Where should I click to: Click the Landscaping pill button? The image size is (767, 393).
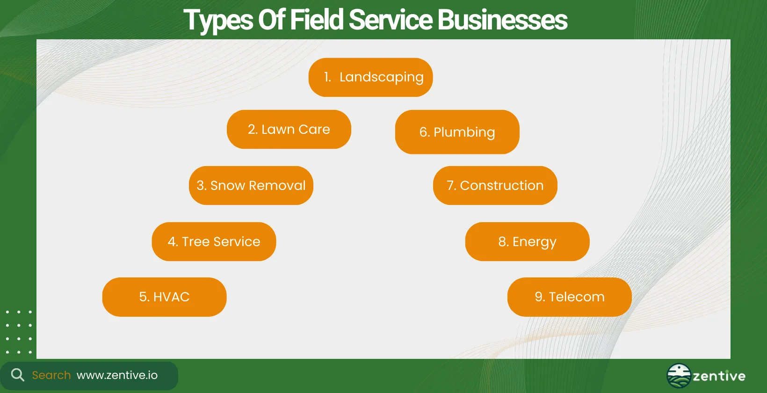pyautogui.click(x=370, y=77)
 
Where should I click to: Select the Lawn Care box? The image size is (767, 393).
pyautogui.click(x=289, y=129)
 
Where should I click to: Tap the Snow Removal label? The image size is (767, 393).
pyautogui.click(x=251, y=185)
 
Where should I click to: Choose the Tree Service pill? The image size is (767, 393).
pyautogui.click(x=214, y=241)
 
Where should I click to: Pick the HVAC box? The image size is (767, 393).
pyautogui.click(x=164, y=297)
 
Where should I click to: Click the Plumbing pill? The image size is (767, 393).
pyautogui.click(x=457, y=132)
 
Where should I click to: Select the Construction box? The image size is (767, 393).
pyautogui.click(x=495, y=185)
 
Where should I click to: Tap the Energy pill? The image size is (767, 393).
pyautogui.click(x=527, y=241)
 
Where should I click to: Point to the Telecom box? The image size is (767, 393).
pyautogui.click(x=569, y=297)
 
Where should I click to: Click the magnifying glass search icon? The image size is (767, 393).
pyautogui.click(x=17, y=375)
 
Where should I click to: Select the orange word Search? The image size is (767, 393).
pyautogui.click(x=51, y=375)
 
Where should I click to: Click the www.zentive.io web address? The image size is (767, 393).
pyautogui.click(x=117, y=375)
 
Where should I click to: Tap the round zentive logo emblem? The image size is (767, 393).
pyautogui.click(x=679, y=376)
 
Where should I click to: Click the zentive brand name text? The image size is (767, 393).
pyautogui.click(x=719, y=376)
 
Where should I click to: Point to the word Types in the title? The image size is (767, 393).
pyautogui.click(x=218, y=21)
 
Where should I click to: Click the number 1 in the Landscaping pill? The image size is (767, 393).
pyautogui.click(x=327, y=77)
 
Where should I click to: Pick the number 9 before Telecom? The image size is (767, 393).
pyautogui.click(x=539, y=297)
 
